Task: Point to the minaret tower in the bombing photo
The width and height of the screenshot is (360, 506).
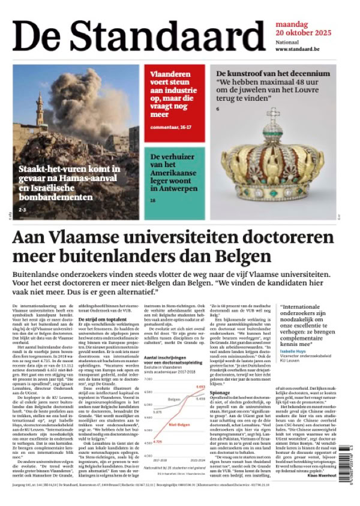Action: [40, 110]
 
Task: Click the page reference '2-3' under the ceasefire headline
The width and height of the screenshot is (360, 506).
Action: [22, 210]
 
